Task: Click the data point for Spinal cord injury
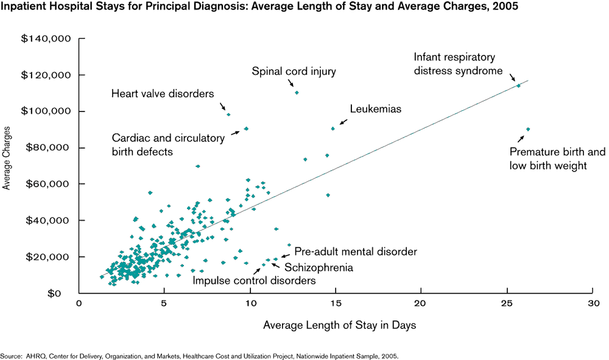(297, 93)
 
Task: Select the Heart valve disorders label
(163, 94)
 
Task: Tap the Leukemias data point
(333, 129)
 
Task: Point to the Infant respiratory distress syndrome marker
(518, 86)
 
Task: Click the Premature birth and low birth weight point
(528, 129)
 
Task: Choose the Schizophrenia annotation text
(319, 267)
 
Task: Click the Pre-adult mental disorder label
(356, 251)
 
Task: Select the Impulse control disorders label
(254, 281)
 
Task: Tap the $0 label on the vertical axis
(63, 293)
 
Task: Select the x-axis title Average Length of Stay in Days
(339, 325)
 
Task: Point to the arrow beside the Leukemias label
(343, 122)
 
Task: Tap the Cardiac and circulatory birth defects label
(167, 144)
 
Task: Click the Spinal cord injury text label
(294, 72)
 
